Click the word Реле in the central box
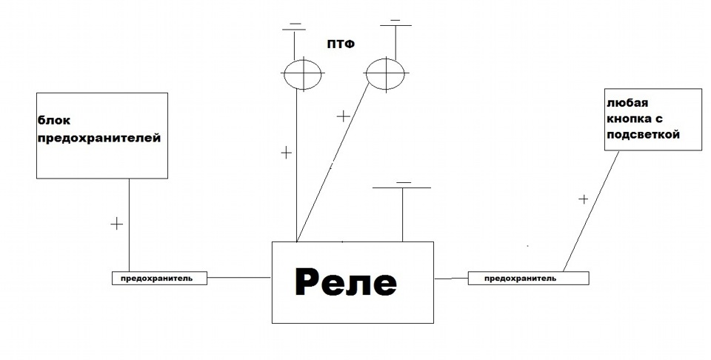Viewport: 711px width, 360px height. point(346,282)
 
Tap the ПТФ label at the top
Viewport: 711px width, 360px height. point(341,44)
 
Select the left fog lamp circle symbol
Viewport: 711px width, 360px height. point(304,74)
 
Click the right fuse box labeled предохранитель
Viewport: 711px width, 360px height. point(528,278)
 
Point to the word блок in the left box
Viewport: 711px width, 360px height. point(54,120)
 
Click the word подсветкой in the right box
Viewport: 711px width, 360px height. point(642,135)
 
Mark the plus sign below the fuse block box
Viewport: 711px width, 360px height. point(116,224)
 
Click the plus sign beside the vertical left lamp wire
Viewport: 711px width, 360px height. point(287,153)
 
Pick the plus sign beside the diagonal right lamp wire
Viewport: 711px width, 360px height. point(343,116)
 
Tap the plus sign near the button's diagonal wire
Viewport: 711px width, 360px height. point(583,199)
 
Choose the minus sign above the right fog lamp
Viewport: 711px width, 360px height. point(395,20)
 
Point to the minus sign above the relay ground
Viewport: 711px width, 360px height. point(404,181)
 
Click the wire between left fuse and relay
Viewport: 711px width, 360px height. point(238,278)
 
